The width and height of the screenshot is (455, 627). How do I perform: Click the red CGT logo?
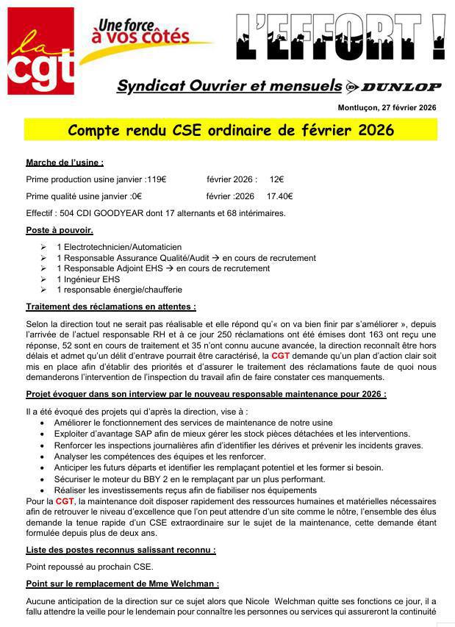[x=41, y=51]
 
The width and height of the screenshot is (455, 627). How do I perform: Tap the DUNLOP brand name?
[x=401, y=87]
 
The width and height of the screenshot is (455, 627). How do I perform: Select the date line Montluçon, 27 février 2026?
[x=387, y=108]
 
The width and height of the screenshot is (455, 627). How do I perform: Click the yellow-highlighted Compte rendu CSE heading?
[x=231, y=130]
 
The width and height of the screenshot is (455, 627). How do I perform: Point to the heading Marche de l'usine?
[x=65, y=162]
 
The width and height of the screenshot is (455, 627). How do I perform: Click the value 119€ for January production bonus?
[x=156, y=179]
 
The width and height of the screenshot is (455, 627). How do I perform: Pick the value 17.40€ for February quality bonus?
[x=279, y=196]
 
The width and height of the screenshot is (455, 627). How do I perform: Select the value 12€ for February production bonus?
[x=276, y=179]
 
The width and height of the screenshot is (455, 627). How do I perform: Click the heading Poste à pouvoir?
[x=60, y=231]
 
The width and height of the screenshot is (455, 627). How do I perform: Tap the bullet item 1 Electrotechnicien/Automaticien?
[x=119, y=247]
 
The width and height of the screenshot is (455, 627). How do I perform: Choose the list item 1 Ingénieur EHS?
[x=88, y=279]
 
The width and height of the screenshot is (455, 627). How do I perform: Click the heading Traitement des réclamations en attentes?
[x=111, y=307]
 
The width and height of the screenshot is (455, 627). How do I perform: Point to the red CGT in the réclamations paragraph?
[x=280, y=355]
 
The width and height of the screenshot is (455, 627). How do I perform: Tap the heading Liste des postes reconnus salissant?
[x=121, y=549]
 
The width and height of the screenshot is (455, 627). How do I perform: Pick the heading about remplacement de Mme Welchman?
[x=122, y=584]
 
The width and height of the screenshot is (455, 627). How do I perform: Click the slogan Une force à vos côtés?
[x=140, y=30]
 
